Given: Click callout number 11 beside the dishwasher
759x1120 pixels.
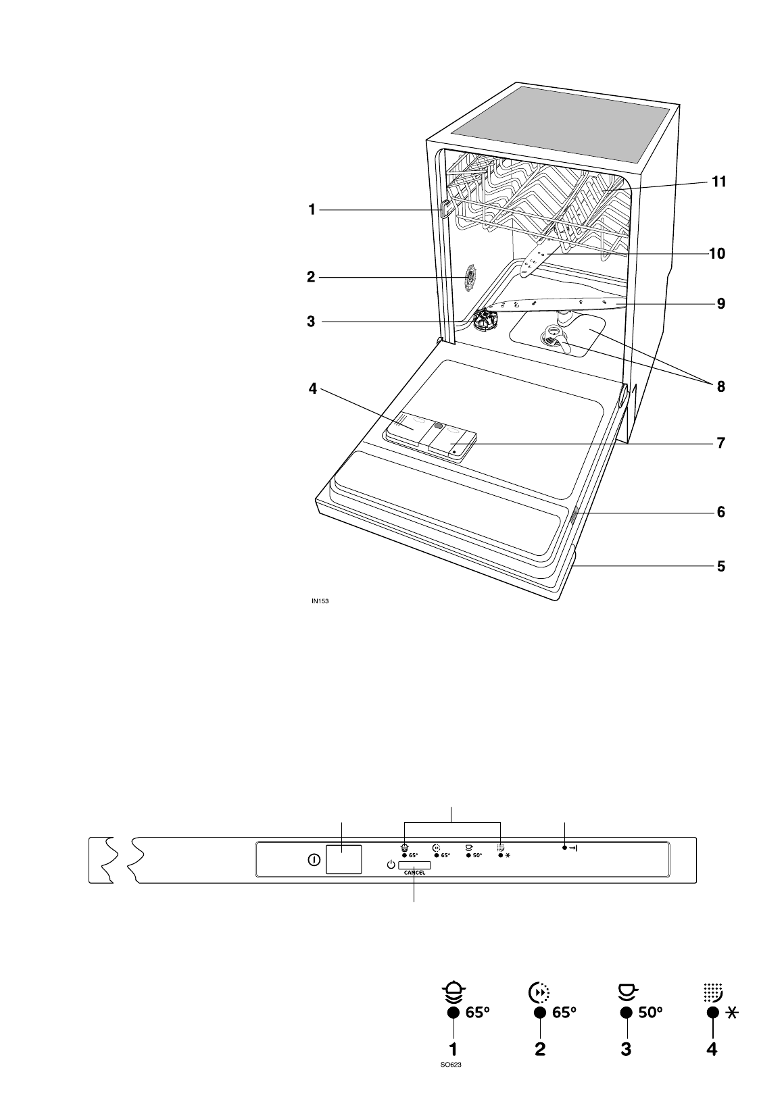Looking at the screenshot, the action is click(718, 182).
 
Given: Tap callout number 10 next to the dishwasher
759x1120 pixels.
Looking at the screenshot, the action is click(717, 253).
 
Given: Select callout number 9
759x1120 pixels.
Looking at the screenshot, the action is click(721, 303).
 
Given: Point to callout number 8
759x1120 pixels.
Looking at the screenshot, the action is click(721, 386).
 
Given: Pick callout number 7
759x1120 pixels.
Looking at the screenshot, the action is click(721, 443).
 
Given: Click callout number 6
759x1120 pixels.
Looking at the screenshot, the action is click(721, 512).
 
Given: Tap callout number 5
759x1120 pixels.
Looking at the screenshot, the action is click(721, 567).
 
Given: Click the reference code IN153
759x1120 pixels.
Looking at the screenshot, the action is click(320, 601).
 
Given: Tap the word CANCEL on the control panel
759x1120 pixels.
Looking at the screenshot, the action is click(414, 873).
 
